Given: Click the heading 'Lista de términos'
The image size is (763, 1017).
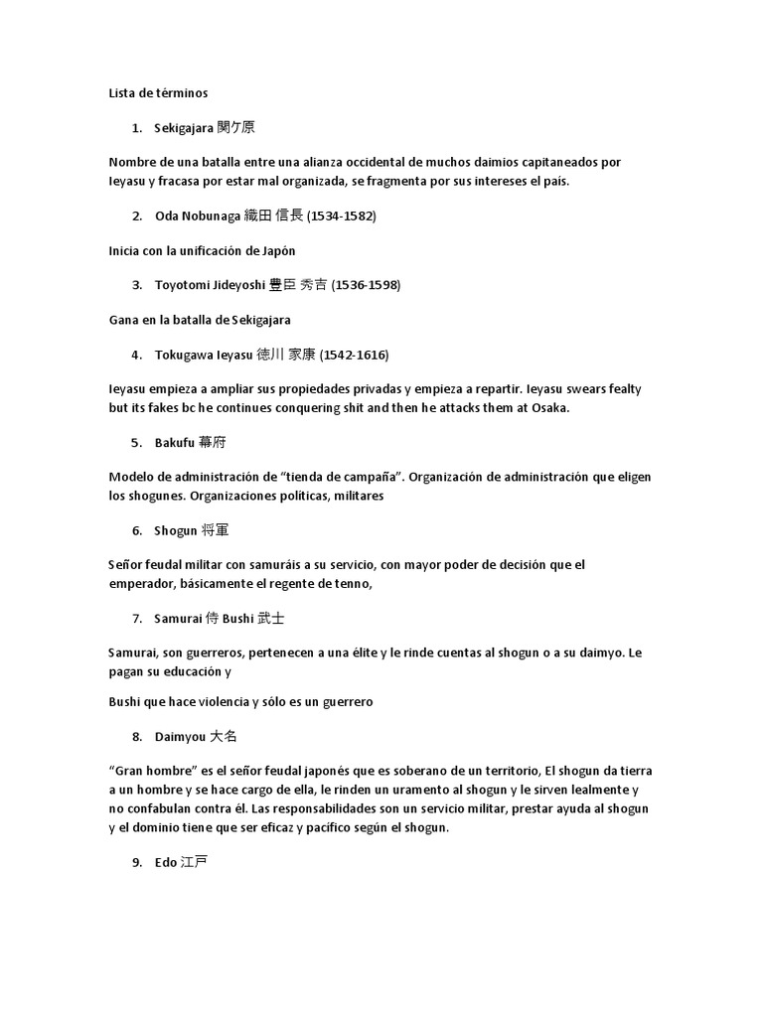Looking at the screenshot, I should pos(158,92).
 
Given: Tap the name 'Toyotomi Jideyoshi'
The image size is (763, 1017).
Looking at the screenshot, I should pos(210,285).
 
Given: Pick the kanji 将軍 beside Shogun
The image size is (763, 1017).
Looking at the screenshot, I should pos(216,530).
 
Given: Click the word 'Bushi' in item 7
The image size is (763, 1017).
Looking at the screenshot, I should pos(238,618).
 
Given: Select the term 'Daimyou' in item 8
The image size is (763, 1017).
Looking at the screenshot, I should pos(180,737).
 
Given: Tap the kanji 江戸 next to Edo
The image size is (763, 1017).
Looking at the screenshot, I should pos(195,863).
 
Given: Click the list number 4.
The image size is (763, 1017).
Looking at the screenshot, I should pos(136,355).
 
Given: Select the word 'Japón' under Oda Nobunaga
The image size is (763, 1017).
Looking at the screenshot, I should pos(276,250).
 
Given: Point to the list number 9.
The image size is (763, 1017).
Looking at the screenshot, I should pos(136,863).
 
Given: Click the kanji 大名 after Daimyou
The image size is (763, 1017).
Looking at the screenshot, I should pos(225,737).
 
